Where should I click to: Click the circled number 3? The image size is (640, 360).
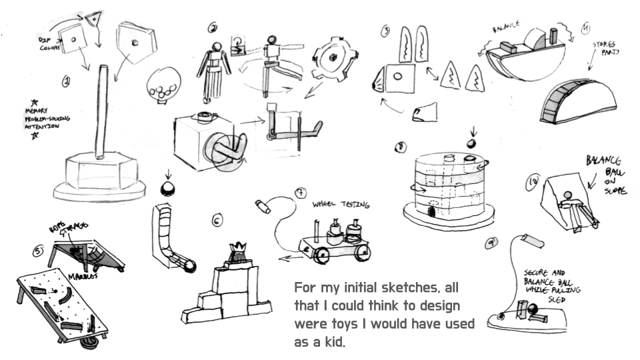386,31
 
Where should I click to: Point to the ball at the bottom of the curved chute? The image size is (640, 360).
190,267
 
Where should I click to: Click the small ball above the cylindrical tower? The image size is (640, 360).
472,141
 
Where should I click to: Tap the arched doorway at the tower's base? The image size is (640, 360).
434,212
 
